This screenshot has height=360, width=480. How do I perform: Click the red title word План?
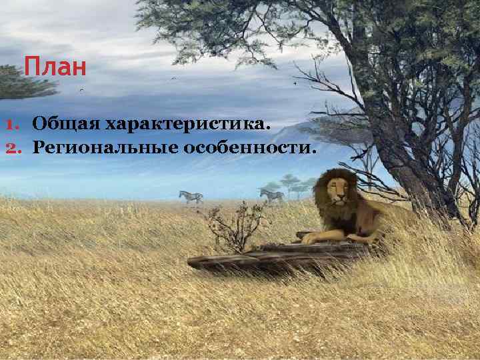(55, 68)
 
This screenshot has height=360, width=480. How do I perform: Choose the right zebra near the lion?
(272, 195)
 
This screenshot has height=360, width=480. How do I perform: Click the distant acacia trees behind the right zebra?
(291, 181)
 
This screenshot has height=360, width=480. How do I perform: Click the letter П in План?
(31, 68)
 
